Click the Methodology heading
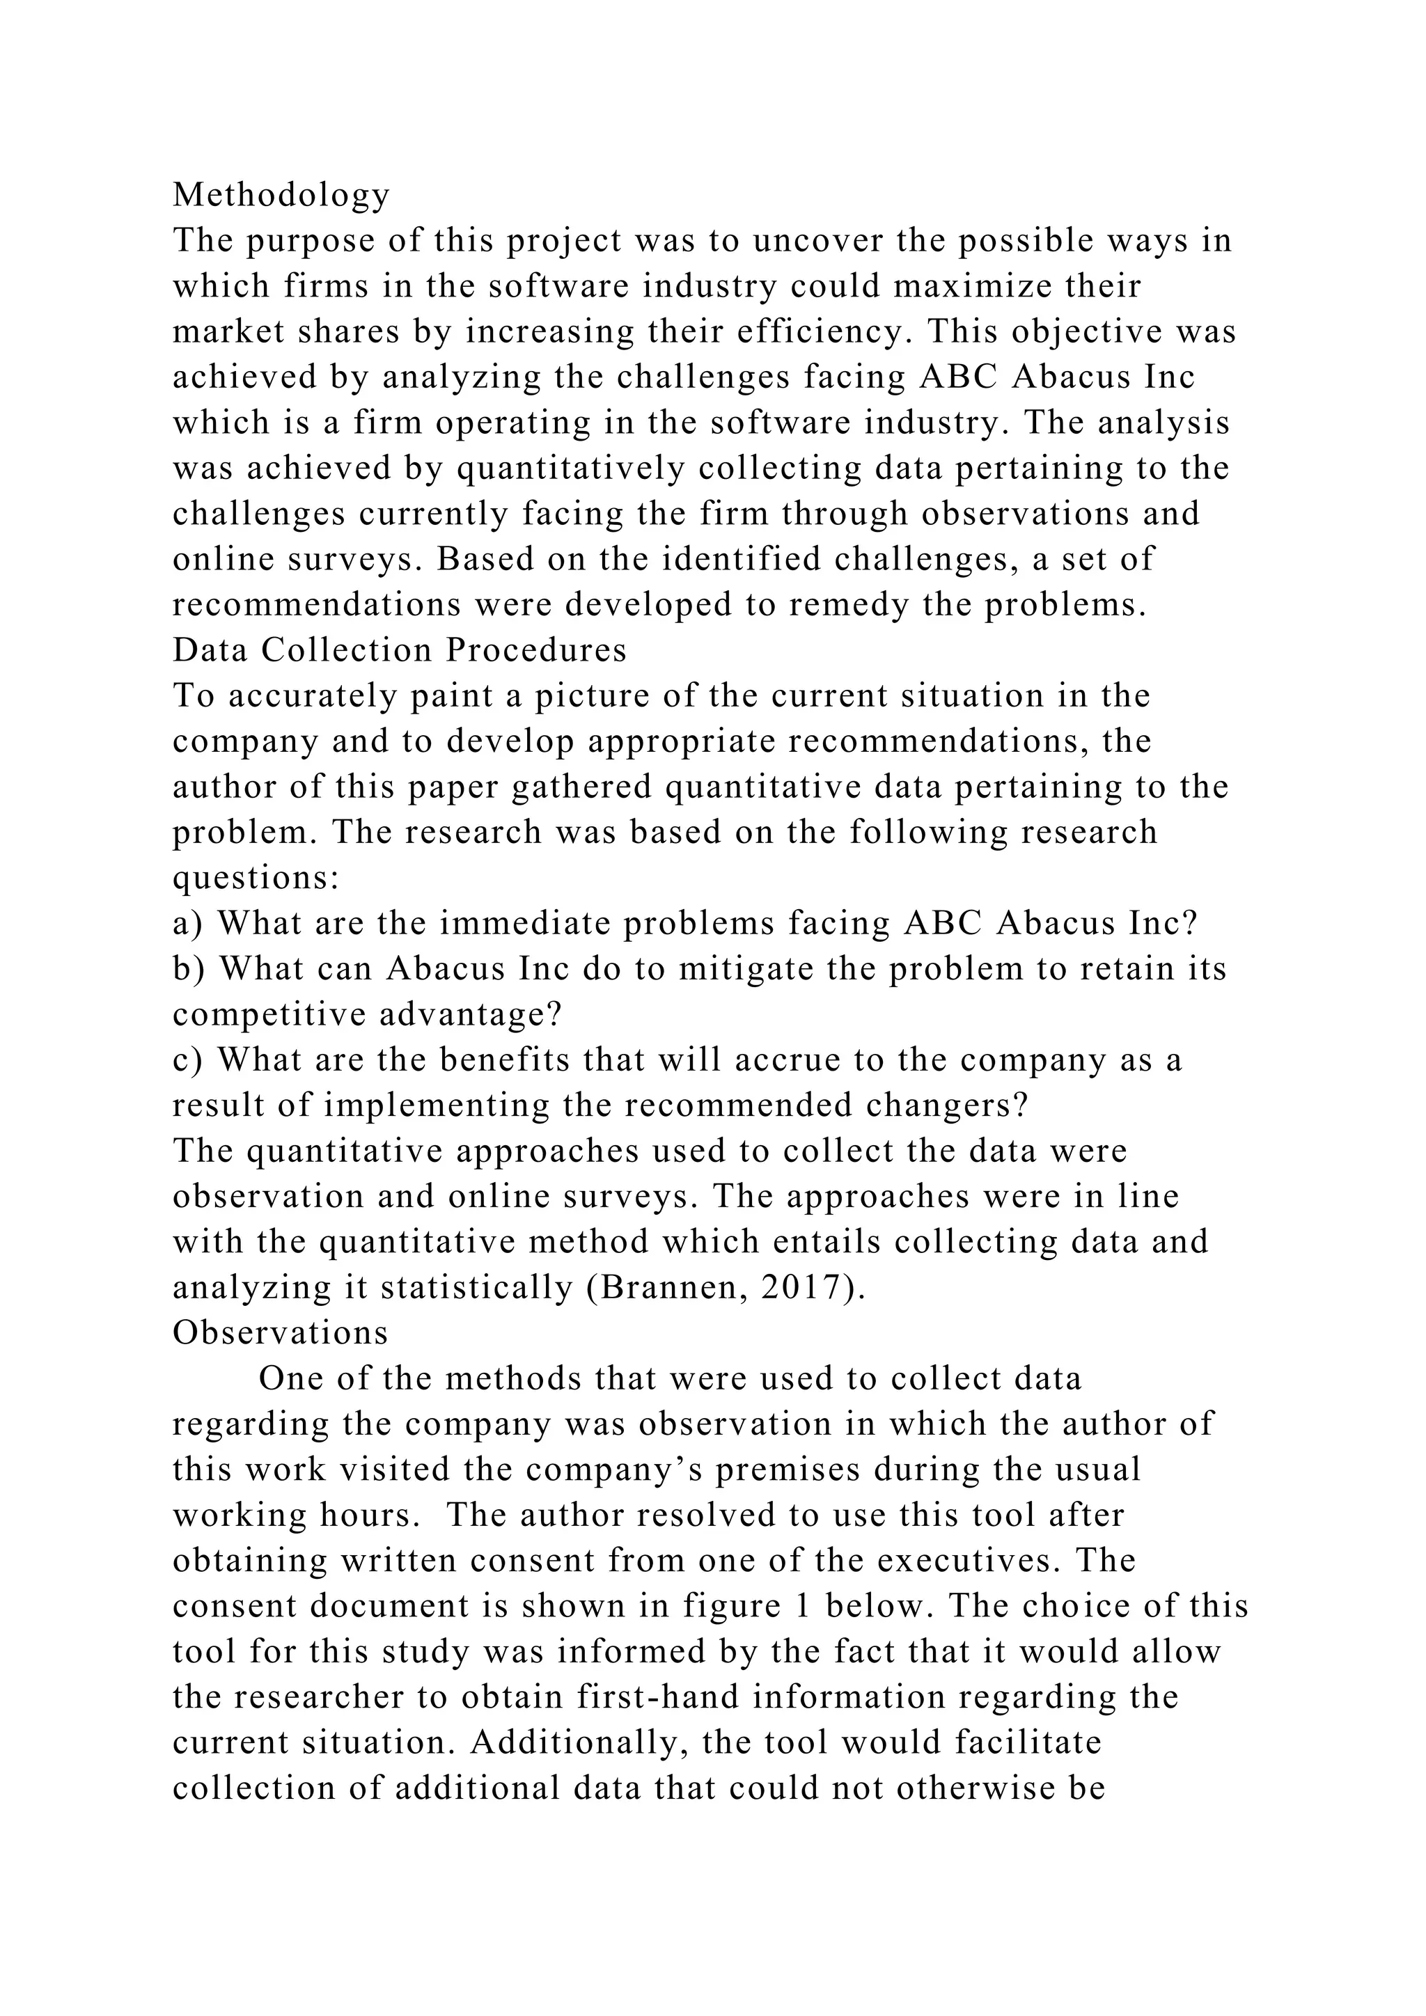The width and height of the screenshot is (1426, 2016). pos(281,195)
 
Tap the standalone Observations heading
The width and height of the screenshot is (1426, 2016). pos(280,1333)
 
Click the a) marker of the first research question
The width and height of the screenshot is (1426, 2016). pos(187,924)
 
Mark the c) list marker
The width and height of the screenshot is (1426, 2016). pos(187,1060)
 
